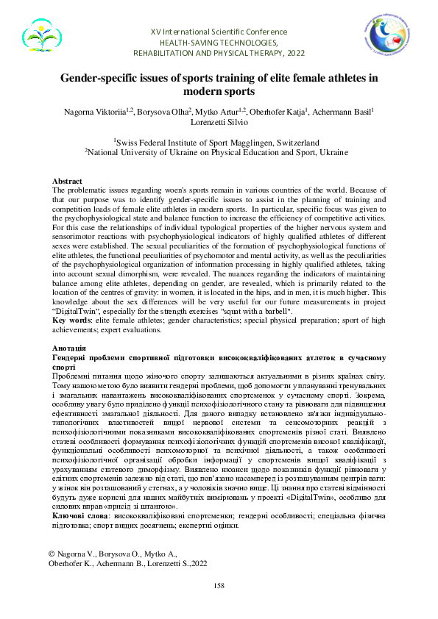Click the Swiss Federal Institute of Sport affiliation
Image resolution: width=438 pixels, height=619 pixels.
coord(219,142)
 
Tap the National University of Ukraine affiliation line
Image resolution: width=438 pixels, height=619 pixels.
coord(219,151)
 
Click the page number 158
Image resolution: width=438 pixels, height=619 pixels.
coord(219,585)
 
